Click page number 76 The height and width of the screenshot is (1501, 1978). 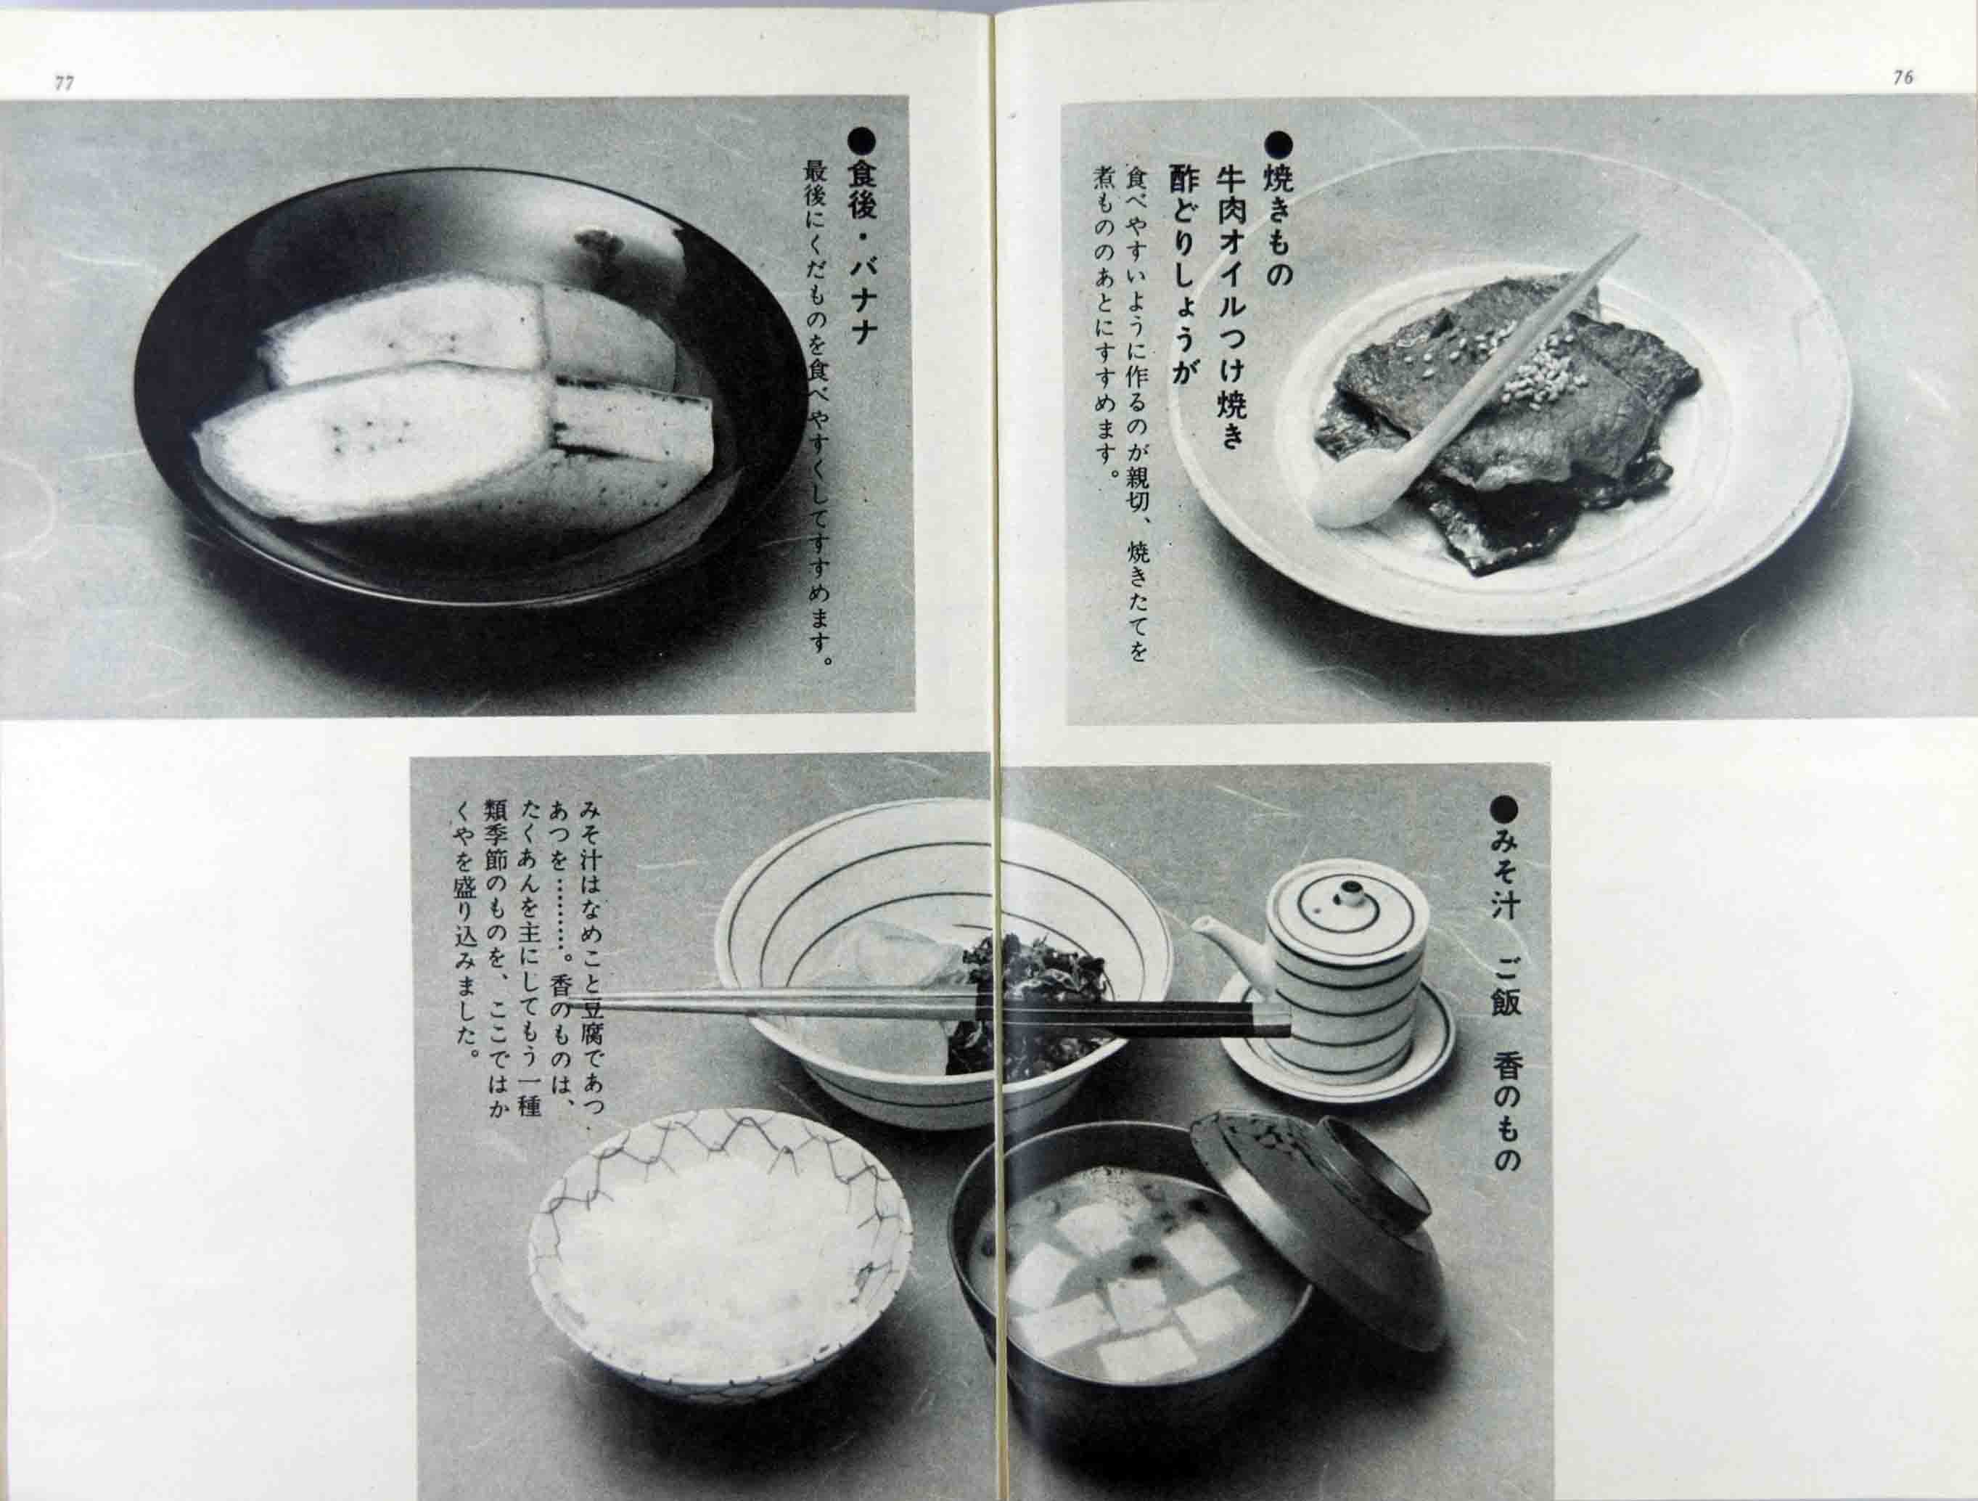click(1903, 78)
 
